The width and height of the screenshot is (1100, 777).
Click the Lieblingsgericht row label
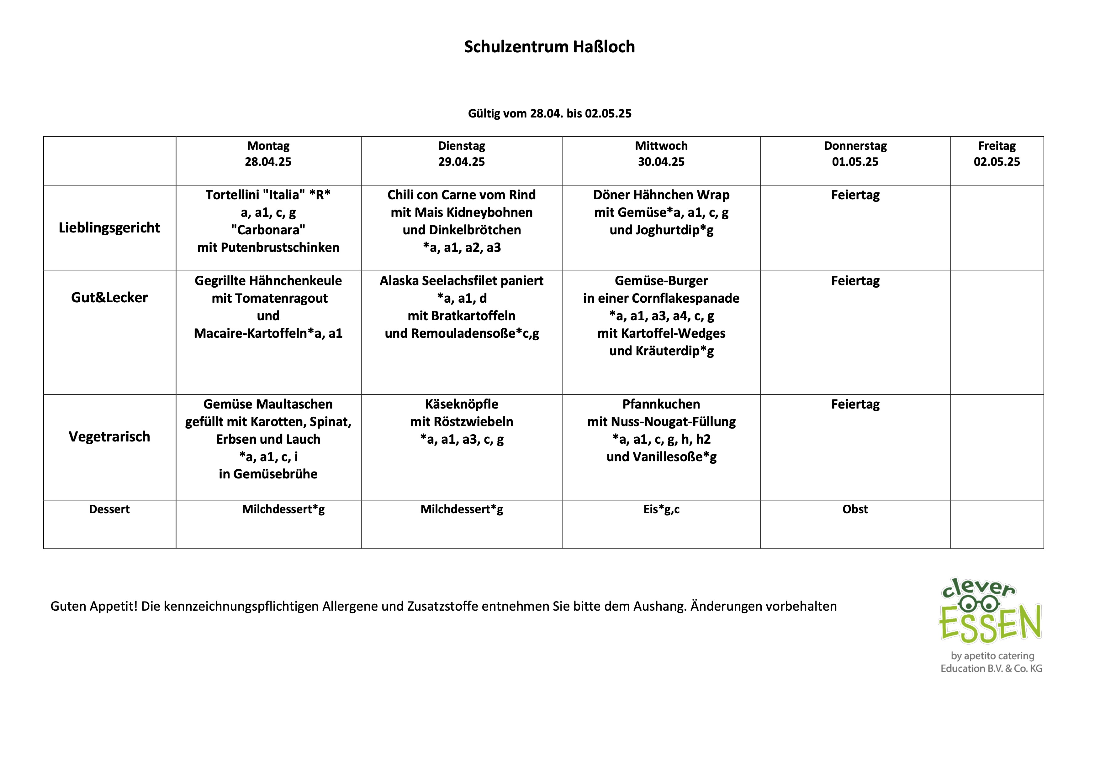pyautogui.click(x=109, y=227)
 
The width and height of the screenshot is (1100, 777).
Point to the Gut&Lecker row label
pyautogui.click(x=109, y=297)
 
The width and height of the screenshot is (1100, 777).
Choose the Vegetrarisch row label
pyautogui.click(x=109, y=437)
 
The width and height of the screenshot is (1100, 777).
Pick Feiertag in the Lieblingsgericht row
pyautogui.click(x=855, y=195)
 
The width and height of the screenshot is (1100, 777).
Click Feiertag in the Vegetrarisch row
pyautogui.click(x=855, y=404)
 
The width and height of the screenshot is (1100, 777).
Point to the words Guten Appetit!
pyautogui.click(x=94, y=606)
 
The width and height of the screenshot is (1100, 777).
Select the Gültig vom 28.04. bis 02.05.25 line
pyautogui.click(x=549, y=113)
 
